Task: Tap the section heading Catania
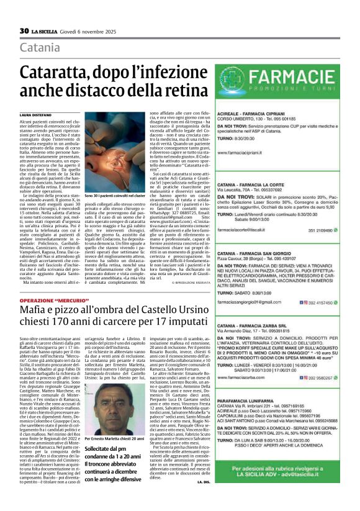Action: point(40,48)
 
